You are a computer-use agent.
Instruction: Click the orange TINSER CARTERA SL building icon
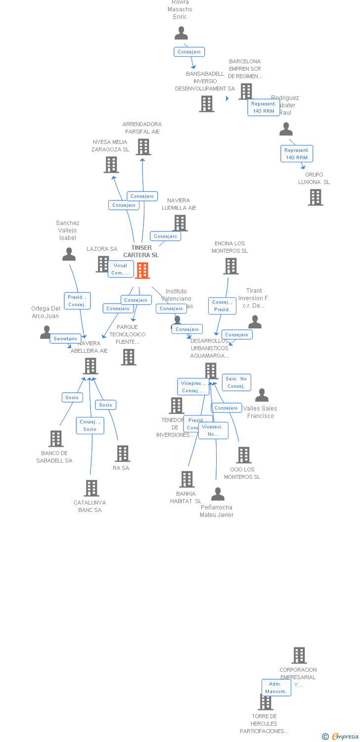[142, 271]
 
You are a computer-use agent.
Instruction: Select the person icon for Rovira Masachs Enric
[181, 33]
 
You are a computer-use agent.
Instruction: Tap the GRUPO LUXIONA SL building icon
[315, 197]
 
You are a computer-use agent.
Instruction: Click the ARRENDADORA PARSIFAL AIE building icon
[143, 147]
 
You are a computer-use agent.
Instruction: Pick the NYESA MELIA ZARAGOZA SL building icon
[111, 165]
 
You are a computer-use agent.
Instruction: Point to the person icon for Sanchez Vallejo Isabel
[69, 254]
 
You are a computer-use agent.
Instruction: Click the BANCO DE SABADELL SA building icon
[56, 439]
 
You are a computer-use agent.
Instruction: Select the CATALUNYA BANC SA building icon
[91, 488]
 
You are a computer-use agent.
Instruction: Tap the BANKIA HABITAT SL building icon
[187, 479]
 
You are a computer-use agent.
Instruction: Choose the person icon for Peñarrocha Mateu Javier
[218, 494]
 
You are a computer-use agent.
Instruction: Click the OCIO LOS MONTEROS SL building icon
[244, 455]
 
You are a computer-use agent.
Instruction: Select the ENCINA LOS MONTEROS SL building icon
[231, 266]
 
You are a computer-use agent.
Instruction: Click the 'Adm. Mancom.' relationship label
[276, 688]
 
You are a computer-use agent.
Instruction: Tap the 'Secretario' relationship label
[65, 339]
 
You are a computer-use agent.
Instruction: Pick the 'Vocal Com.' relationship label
[121, 269]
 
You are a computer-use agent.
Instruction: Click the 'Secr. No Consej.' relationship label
[236, 382]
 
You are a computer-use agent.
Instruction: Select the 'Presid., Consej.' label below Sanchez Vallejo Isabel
[77, 301]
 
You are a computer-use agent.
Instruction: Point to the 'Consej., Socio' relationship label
[90, 425]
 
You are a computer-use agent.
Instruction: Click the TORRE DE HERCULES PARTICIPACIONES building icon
[266, 702]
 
